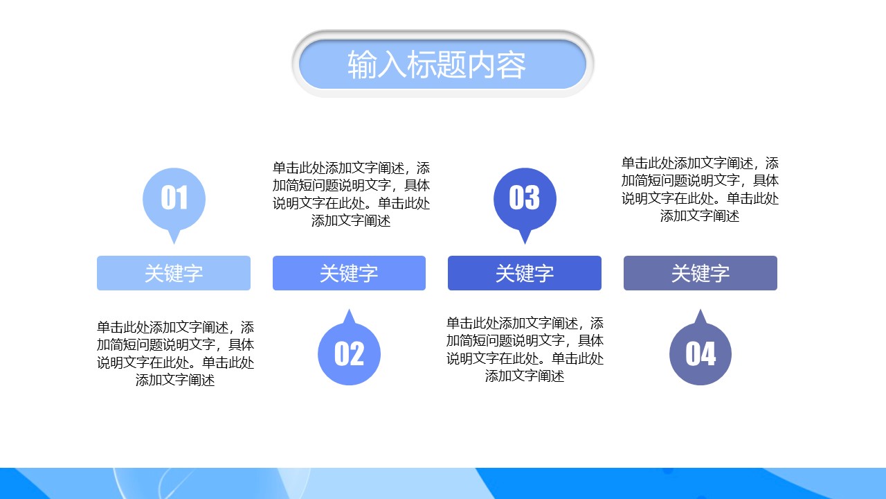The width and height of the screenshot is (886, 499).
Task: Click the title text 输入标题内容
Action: [437, 64]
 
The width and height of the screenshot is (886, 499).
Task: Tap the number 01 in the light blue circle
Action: [174, 198]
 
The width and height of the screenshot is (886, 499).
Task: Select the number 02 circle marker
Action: [349, 353]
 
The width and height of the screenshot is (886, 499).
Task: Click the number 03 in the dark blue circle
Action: [524, 198]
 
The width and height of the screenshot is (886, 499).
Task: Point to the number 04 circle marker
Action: [700, 353]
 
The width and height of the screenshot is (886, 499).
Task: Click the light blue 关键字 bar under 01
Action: [174, 273]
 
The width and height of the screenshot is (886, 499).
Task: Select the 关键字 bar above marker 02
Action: [349, 273]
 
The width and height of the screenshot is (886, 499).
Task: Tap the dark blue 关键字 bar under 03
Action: [525, 273]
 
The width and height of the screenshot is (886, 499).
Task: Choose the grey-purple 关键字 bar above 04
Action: [700, 273]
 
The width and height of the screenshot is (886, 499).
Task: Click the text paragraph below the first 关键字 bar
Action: [176, 353]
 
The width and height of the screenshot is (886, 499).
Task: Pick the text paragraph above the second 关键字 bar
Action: [351, 195]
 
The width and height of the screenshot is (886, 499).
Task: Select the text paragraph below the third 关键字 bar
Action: [525, 349]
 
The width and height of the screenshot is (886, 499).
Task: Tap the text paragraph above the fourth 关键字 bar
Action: [700, 189]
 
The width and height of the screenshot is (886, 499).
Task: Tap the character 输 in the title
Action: [362, 65]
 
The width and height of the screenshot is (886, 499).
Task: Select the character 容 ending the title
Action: [512, 65]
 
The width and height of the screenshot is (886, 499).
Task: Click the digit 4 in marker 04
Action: [708, 354]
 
